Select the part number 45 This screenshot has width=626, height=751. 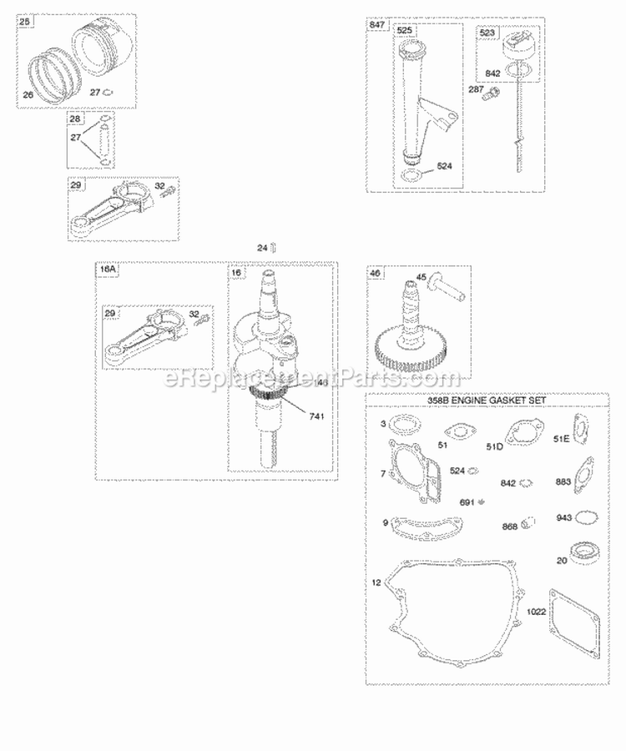coord(422,279)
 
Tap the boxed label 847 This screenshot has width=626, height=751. coord(378,26)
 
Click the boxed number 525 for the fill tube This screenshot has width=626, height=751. coord(405,31)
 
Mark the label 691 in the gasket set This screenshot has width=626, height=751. coord(467,502)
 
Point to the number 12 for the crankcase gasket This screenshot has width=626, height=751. coord(376,582)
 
